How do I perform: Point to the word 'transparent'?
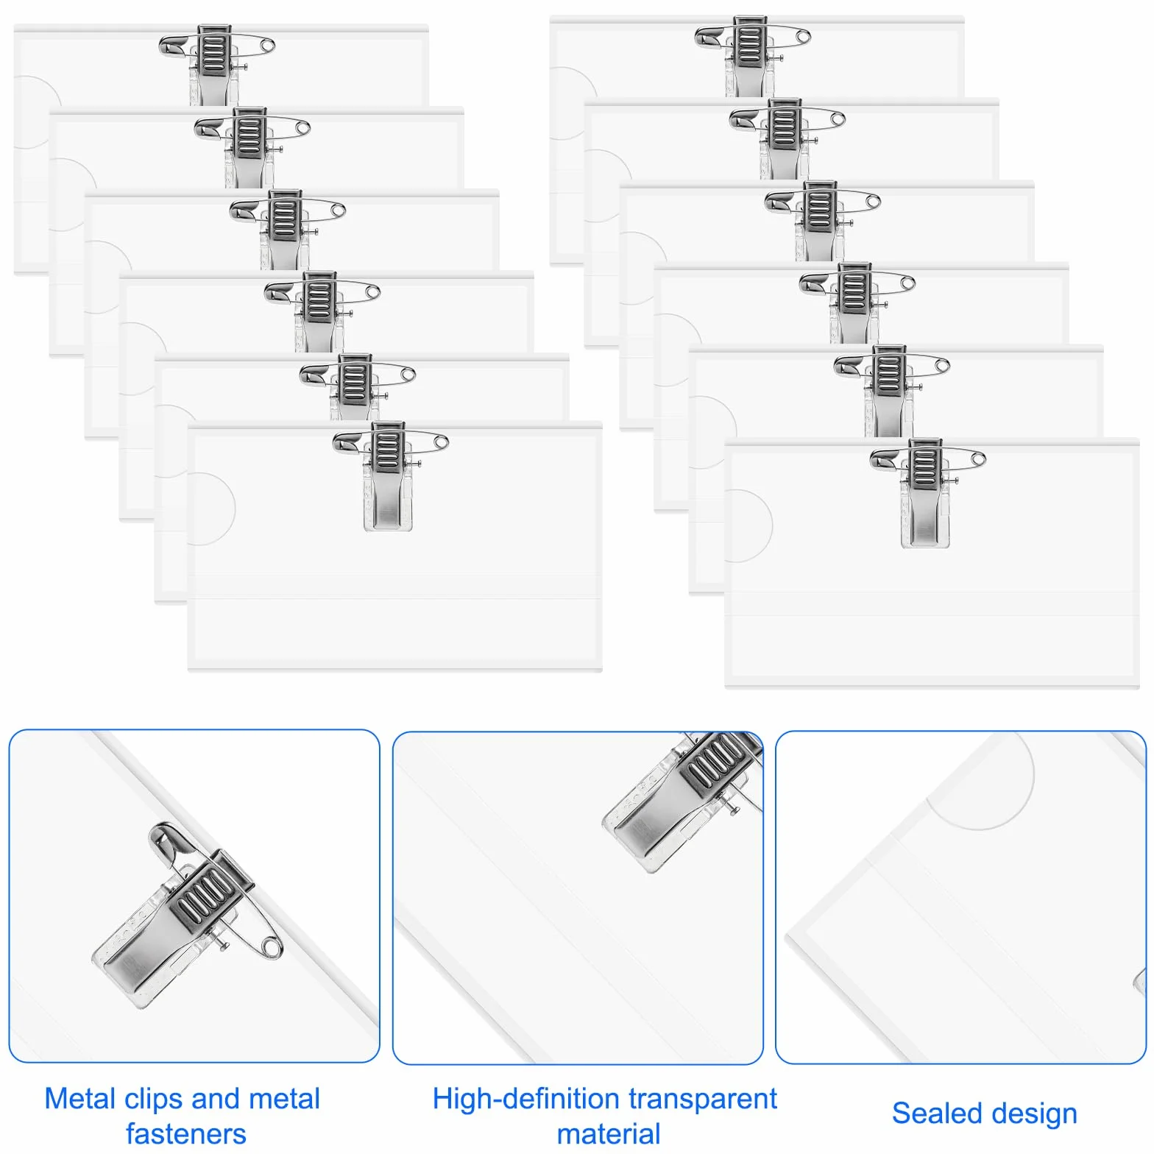tap(695, 1100)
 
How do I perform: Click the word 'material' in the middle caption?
tap(609, 1134)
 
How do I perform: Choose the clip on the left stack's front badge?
tap(388, 476)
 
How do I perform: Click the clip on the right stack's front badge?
tap(925, 493)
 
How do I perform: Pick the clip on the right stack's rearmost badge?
tap(750, 56)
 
